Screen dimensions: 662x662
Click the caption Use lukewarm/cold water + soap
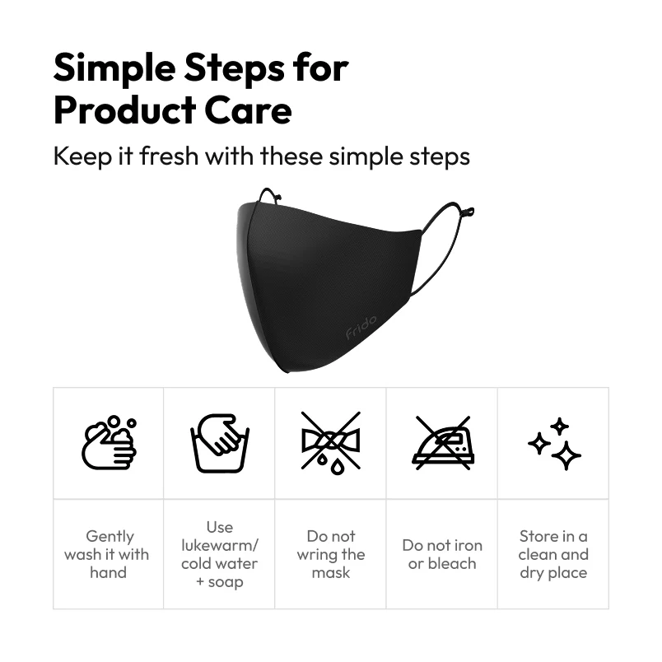[x=219, y=554]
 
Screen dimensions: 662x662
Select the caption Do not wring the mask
[x=330, y=554]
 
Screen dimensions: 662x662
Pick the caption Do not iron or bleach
[x=441, y=554]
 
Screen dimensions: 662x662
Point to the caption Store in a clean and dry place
[x=553, y=554]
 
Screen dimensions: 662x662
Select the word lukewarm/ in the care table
[x=219, y=545]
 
